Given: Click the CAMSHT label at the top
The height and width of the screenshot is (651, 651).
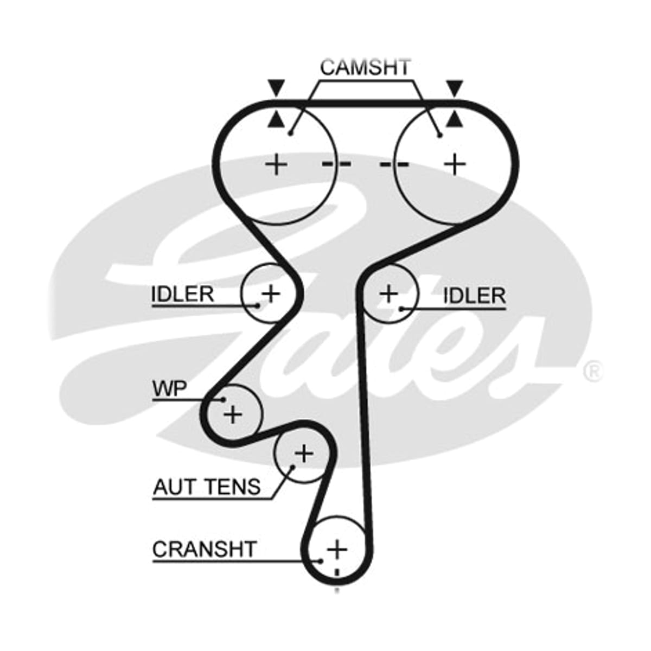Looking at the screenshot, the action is tap(365, 67).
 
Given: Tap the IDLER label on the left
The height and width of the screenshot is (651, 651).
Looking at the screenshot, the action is tap(182, 294).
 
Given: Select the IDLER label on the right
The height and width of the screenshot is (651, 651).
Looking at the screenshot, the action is tap(474, 296).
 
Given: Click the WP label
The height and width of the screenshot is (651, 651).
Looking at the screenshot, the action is tap(170, 388).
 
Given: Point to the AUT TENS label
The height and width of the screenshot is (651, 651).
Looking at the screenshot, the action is tap(207, 487).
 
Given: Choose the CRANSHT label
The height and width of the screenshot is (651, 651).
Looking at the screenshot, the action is tap(204, 549).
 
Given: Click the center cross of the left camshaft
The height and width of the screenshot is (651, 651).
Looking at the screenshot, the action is tap(277, 165).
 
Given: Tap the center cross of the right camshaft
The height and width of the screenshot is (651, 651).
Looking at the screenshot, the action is tap(455, 165).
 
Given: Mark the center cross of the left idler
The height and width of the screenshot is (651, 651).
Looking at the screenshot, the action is tap(271, 293).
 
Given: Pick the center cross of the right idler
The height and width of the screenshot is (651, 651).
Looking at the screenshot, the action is tap(389, 293).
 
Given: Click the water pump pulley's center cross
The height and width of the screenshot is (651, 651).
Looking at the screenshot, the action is tap(233, 414).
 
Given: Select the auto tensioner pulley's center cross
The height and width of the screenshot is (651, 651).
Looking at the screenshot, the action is tap(304, 454).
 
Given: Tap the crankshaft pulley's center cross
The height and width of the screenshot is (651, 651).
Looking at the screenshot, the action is tap(337, 550).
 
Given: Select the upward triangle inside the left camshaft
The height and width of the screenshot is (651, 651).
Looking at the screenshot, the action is tap(276, 120).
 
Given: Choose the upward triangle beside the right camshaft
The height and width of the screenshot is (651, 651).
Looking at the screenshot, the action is tap(455, 120).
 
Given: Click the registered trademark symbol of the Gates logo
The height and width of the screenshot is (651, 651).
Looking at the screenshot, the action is tap(592, 372).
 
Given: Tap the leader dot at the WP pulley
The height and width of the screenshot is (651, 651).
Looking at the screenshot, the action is tap(223, 400).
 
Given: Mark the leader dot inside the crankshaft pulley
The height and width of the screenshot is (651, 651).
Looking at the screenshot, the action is tap(320, 561).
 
